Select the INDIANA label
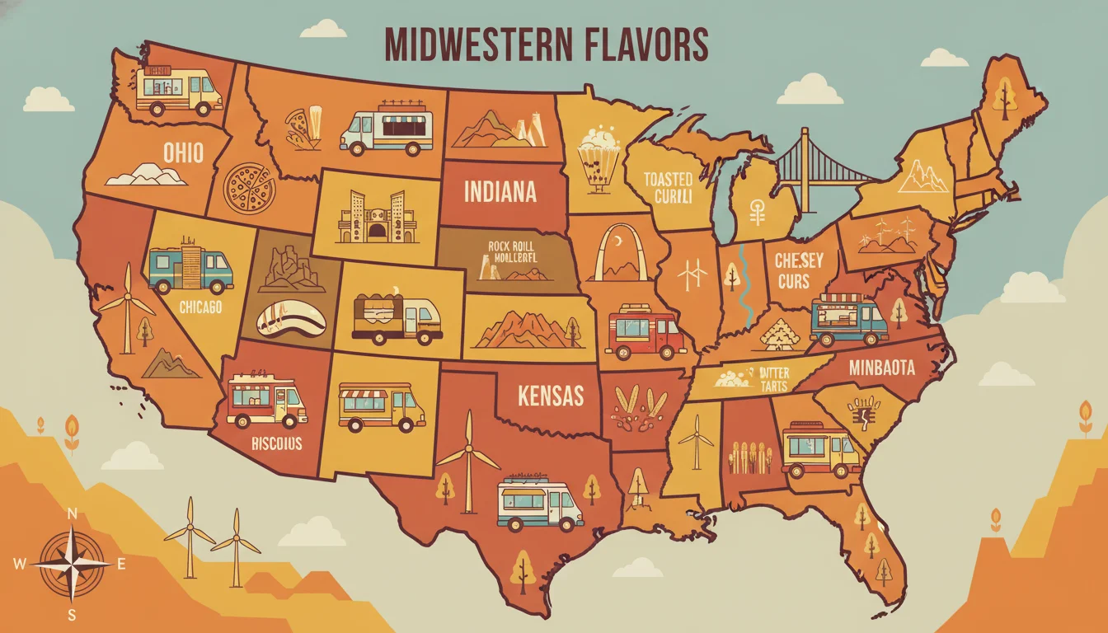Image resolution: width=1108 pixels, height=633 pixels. point(500,192)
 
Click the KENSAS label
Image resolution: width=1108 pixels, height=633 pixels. point(550,396)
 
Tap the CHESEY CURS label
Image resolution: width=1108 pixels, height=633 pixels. point(799,270)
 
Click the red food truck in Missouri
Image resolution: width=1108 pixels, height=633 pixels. point(645,332)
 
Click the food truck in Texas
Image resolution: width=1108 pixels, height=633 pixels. point(539,504)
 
